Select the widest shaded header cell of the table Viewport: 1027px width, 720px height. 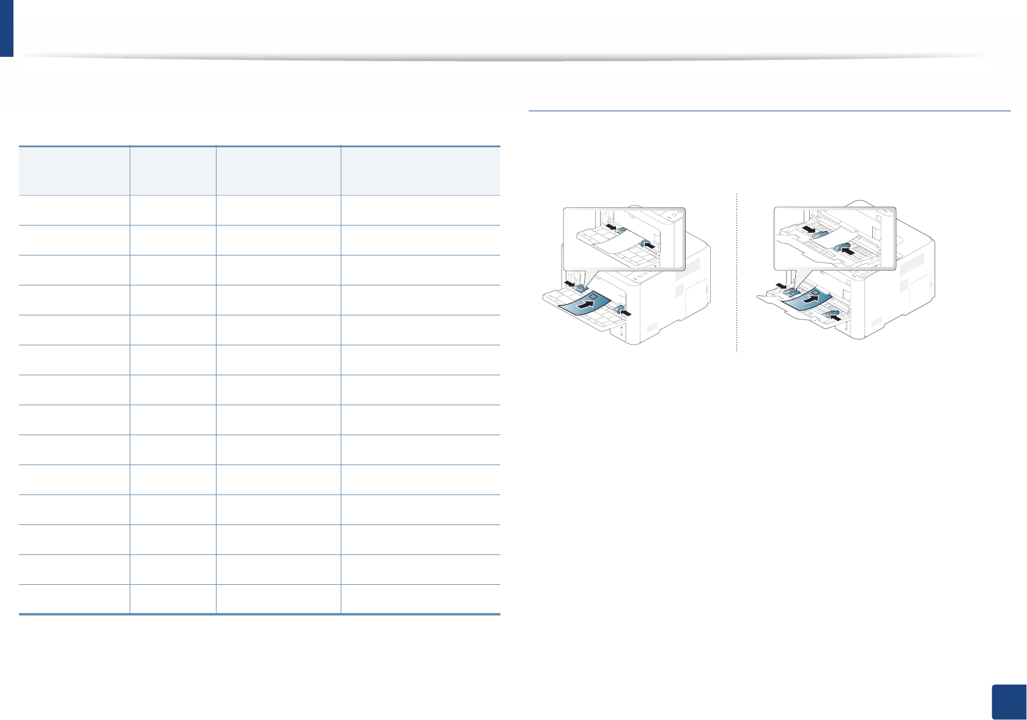pyautogui.click(x=420, y=171)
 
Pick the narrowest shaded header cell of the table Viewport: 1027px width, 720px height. pyautogui.click(x=172, y=171)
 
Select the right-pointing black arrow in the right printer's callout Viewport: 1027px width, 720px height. pyautogui.click(x=810, y=230)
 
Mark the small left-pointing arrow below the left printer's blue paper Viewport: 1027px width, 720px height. pyautogui.click(x=624, y=314)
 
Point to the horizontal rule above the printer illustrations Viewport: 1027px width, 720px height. pyautogui.click(x=769, y=111)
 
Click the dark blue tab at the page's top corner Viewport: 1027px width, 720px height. pyautogui.click(x=6, y=28)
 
